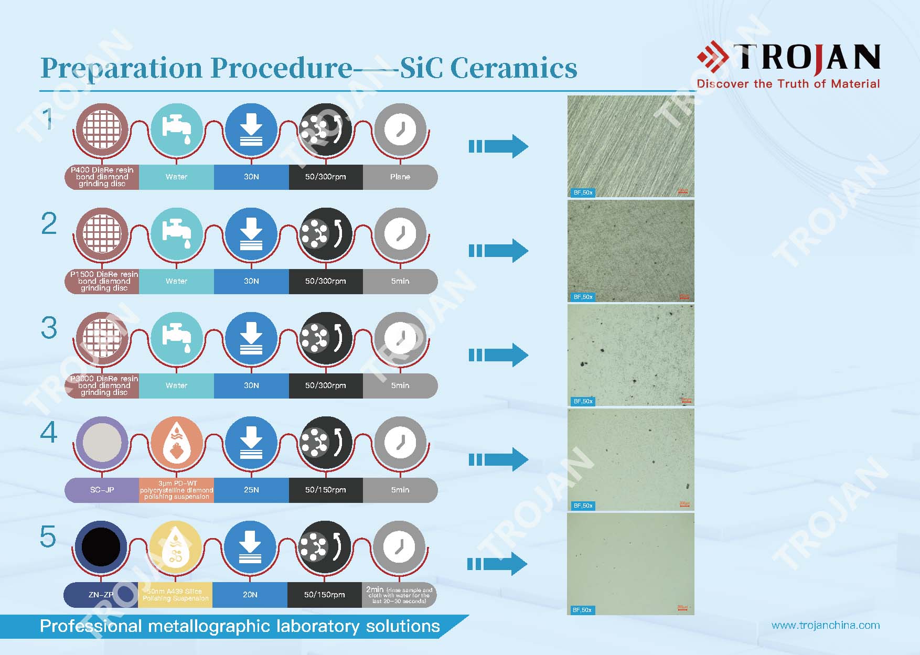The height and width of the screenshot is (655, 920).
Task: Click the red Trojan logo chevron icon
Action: tap(713, 57)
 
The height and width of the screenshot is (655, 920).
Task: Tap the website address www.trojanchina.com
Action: tap(826, 625)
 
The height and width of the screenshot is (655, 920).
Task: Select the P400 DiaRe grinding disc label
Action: tap(102, 177)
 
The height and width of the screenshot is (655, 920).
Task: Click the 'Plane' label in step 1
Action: tap(400, 177)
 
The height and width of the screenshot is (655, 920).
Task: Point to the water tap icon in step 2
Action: tap(176, 233)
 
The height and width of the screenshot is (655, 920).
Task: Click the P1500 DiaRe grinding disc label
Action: tap(104, 281)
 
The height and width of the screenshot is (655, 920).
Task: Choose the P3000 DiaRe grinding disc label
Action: tap(104, 385)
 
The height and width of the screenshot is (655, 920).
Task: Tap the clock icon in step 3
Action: tap(400, 338)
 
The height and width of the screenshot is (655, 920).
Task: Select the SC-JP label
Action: tap(102, 490)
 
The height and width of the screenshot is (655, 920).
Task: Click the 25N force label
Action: tap(251, 490)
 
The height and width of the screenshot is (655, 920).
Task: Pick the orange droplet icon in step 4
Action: tap(176, 442)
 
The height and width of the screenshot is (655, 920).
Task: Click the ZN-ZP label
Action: tap(101, 595)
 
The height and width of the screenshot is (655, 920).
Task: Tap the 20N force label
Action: tap(250, 595)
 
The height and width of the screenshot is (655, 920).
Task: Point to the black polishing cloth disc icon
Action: tap(101, 546)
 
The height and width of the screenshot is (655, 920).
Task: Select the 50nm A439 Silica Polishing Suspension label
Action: tap(175, 595)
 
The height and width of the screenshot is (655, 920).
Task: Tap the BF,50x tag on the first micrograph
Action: tap(583, 192)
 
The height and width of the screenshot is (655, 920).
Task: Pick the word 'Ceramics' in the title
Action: tap(514, 68)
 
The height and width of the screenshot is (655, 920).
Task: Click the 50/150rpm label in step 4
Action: tap(325, 490)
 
